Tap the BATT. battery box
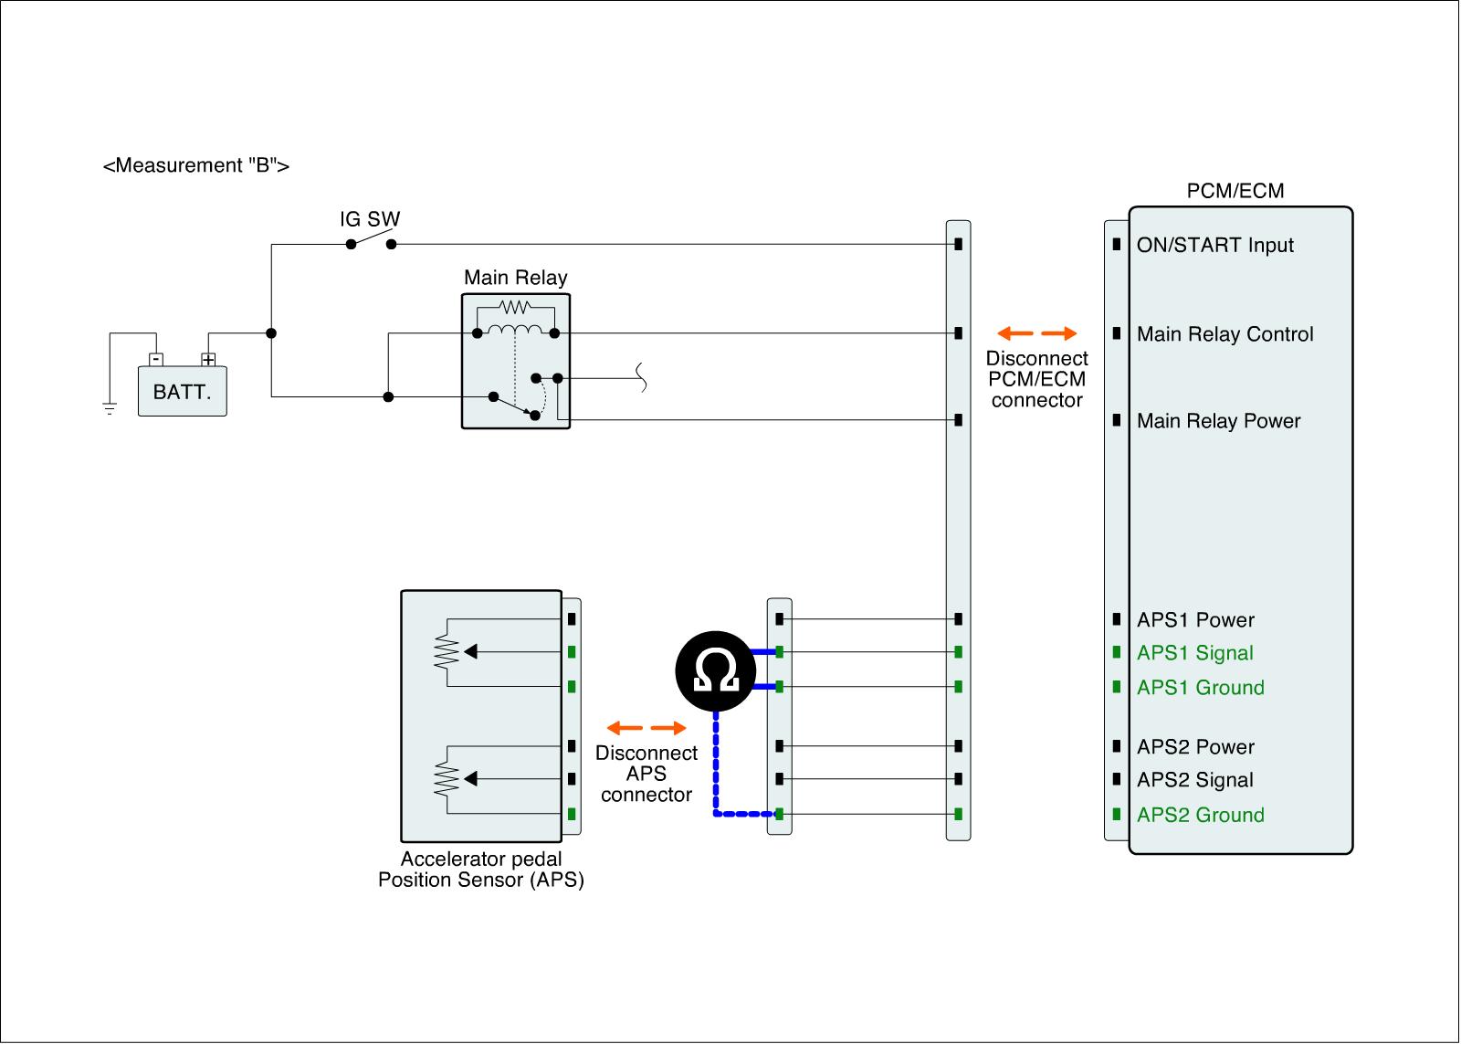[182, 392]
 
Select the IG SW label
[370, 219]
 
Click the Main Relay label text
[515, 278]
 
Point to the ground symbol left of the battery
[110, 408]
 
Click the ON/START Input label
[1214, 246]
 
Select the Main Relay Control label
[1225, 334]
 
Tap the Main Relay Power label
[1218, 421]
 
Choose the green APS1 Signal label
[1194, 653]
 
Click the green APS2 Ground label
[1200, 815]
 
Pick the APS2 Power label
[1195, 747]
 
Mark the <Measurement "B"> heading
[196, 166]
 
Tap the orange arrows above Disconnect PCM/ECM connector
[1036, 333]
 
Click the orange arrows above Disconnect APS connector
[646, 728]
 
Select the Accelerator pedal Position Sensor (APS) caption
[481, 870]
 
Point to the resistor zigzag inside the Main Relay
[515, 307]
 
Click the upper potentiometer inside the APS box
[447, 651]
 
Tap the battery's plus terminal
[208, 359]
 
